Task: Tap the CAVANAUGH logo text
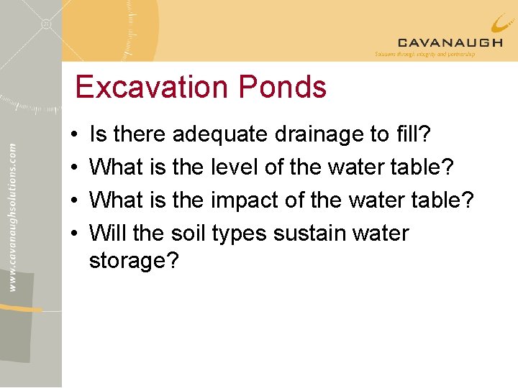[450, 43]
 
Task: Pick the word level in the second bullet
[235, 167]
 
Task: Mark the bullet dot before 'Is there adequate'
[75, 135]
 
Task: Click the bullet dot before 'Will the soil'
[75, 234]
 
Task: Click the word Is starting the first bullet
[98, 134]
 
